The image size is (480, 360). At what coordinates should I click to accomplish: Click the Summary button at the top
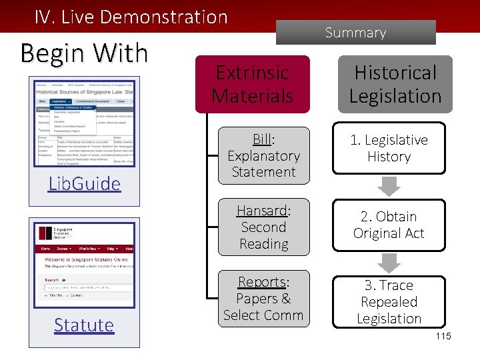pyautogui.click(x=355, y=32)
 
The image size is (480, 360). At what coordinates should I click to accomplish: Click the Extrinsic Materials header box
pyautogui.click(x=252, y=84)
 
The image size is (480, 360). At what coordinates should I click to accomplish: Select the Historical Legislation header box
pyautogui.click(x=395, y=84)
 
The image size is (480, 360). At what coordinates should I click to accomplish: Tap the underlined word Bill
pyautogui.click(x=263, y=139)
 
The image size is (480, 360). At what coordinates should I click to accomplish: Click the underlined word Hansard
pyautogui.click(x=262, y=211)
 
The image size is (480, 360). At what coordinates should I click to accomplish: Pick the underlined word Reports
pyautogui.click(x=263, y=282)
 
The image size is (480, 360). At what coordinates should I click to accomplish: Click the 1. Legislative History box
pyautogui.click(x=389, y=149)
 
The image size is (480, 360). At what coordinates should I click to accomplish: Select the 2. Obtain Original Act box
pyautogui.click(x=389, y=225)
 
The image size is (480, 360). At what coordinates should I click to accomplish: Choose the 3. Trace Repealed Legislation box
pyautogui.click(x=389, y=302)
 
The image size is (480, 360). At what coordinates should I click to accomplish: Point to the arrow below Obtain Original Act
pyautogui.click(x=389, y=263)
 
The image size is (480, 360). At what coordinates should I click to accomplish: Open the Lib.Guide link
pyautogui.click(x=84, y=183)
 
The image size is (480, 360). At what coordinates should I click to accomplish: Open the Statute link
pyautogui.click(x=84, y=325)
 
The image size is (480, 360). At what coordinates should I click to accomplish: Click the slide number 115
pyautogui.click(x=443, y=336)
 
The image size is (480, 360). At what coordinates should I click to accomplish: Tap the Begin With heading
pyautogui.click(x=84, y=53)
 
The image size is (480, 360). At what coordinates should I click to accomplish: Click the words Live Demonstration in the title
pyautogui.click(x=144, y=17)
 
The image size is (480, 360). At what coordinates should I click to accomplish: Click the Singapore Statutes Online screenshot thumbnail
pyautogui.click(x=84, y=267)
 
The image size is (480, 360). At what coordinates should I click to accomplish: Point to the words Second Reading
pyautogui.click(x=263, y=235)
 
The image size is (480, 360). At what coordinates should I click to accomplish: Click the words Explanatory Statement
pyautogui.click(x=263, y=164)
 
